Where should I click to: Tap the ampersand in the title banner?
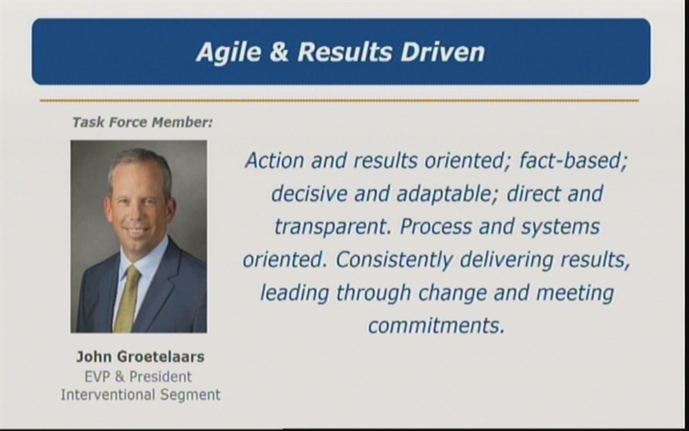point(279,52)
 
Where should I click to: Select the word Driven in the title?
point(443,52)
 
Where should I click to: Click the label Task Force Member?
point(143,123)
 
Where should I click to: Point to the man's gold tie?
point(127,299)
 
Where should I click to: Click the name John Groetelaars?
point(140,357)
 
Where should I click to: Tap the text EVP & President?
point(138,377)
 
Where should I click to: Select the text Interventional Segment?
point(141,395)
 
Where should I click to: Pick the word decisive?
point(309,194)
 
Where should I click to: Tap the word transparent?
point(333,227)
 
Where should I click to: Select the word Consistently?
point(394,260)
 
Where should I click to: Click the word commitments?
point(436,326)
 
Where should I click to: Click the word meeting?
point(575,293)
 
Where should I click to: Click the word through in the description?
point(374,293)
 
